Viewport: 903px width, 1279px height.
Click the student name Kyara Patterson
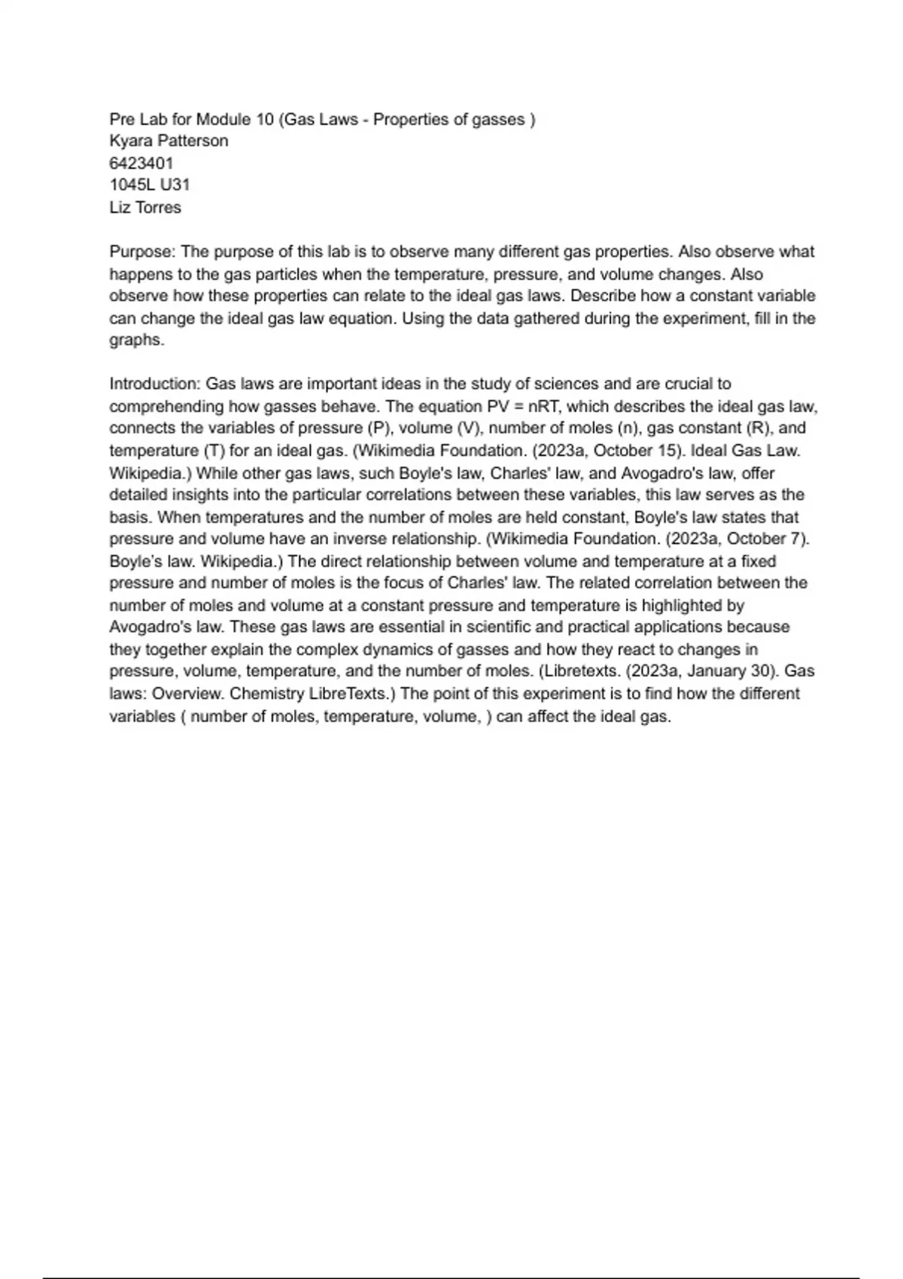pyautogui.click(x=169, y=141)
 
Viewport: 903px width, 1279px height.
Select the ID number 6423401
pyautogui.click(x=141, y=163)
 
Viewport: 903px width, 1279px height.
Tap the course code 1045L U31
pyautogui.click(x=150, y=185)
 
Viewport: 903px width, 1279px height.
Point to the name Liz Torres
pyautogui.click(x=145, y=208)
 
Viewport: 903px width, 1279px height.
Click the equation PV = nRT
pyautogui.click(x=523, y=407)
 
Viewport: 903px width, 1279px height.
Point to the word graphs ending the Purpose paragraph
pyautogui.click(x=135, y=340)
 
